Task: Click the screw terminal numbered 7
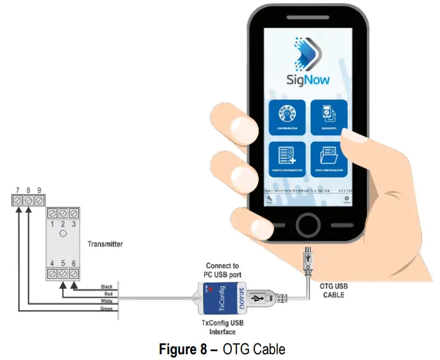point(18,201)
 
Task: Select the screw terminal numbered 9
point(40,201)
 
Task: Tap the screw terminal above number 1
point(53,213)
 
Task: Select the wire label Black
point(106,286)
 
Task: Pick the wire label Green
point(106,309)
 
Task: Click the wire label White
point(106,302)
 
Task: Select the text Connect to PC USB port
point(222,270)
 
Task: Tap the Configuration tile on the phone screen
point(288,118)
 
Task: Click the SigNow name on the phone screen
point(307,79)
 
